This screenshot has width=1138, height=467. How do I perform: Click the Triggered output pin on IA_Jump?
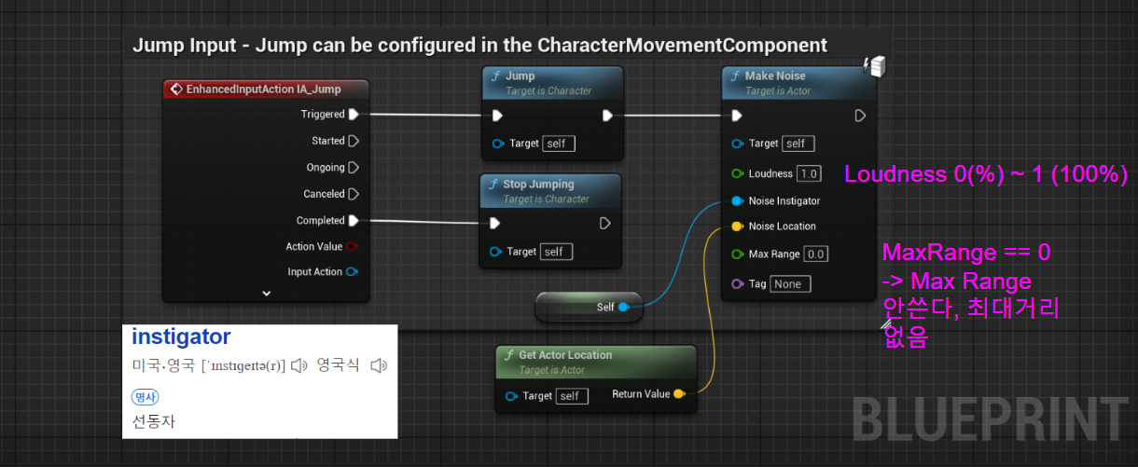pos(353,115)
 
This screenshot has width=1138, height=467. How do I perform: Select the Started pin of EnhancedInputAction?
pos(353,141)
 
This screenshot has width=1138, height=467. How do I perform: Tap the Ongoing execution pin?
pos(353,168)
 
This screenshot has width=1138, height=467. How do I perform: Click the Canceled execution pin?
pos(353,194)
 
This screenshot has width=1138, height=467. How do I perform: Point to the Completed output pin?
pos(353,221)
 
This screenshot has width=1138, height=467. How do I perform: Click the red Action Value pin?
pos(352,247)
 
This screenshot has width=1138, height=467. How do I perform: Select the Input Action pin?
pos(352,272)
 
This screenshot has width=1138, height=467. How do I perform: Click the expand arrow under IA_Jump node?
pos(266,293)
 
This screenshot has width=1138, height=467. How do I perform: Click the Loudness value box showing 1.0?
pos(808,173)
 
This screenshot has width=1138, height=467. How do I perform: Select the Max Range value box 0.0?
pos(815,254)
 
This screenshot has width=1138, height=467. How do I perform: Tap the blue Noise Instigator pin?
pos(737,200)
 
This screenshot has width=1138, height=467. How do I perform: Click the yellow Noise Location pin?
pos(737,227)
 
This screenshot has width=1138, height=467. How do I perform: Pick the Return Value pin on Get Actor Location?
pos(679,394)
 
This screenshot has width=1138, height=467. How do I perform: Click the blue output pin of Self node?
pos(624,306)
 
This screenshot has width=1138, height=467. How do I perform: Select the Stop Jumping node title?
pos(538,184)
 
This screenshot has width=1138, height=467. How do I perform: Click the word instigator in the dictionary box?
pos(181,337)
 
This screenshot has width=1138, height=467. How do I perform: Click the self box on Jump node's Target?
pos(559,144)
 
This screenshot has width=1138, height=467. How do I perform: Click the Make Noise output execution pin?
pos(860,116)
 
